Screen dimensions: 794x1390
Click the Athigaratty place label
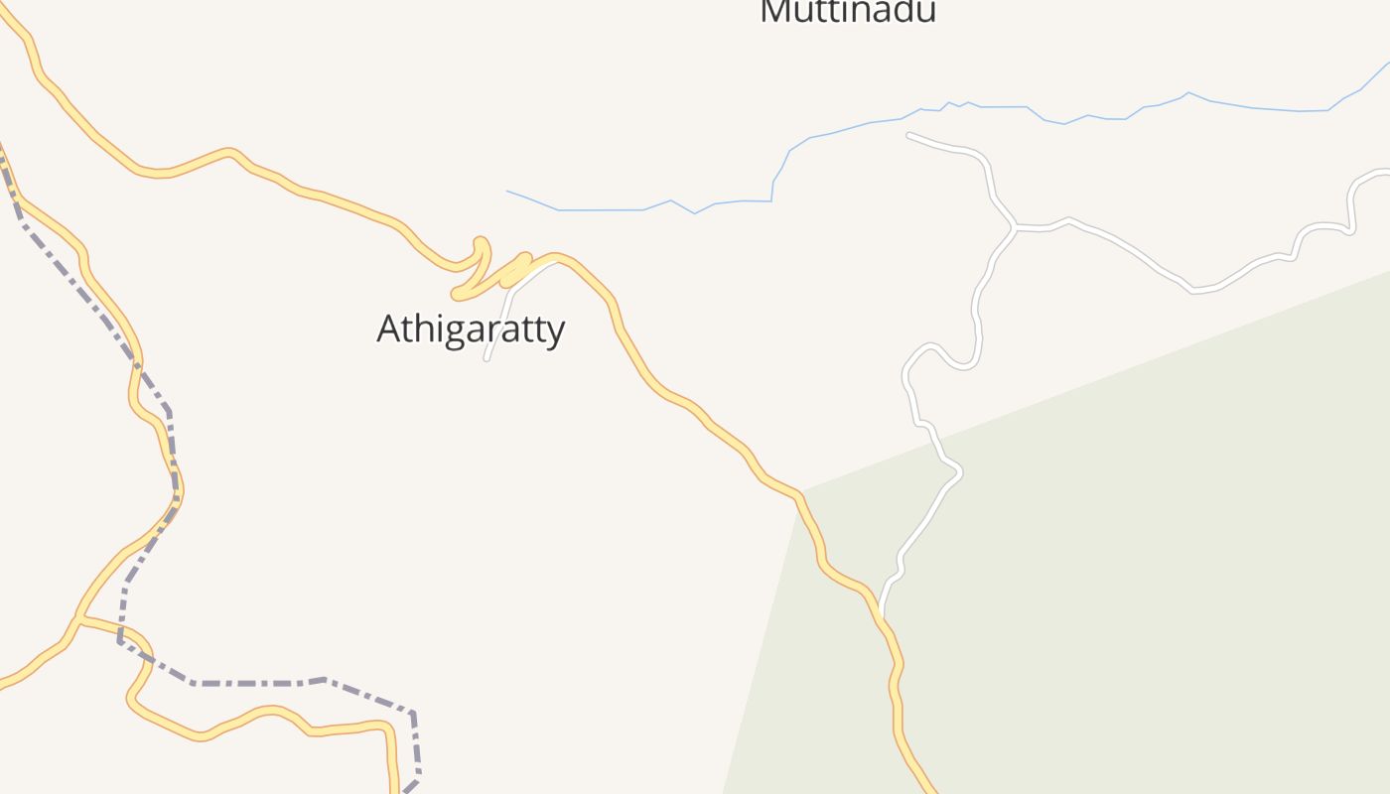471,329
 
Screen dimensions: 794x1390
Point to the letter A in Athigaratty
389,329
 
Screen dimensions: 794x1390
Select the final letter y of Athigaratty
555,331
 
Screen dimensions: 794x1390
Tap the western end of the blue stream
507,192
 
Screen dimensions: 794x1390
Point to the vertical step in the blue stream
772,191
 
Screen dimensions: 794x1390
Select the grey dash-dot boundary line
258,683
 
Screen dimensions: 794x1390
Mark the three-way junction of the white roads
1015,227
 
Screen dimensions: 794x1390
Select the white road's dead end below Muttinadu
909,135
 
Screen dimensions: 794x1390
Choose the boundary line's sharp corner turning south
412,713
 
